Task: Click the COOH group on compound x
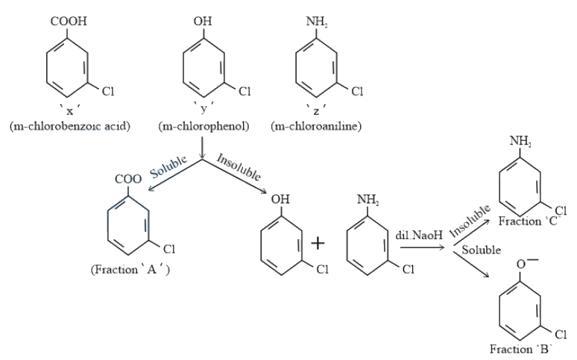[69, 21]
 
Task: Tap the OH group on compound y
[203, 21]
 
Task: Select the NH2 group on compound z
[317, 22]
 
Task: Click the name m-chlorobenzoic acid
[70, 126]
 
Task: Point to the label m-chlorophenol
[204, 126]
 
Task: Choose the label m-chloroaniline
[316, 126]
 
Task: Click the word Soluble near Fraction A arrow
[168, 166]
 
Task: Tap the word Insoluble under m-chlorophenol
[239, 167]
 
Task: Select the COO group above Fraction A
[128, 180]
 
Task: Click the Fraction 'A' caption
[130, 270]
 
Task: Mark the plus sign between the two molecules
[318, 243]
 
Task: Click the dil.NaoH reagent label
[419, 235]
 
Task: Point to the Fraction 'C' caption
[529, 221]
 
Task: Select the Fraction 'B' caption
[521, 349]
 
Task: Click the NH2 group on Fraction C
[520, 141]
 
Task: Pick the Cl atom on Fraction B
[561, 334]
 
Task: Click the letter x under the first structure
[69, 110]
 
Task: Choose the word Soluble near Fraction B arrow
[482, 250]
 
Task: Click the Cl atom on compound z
[357, 91]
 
